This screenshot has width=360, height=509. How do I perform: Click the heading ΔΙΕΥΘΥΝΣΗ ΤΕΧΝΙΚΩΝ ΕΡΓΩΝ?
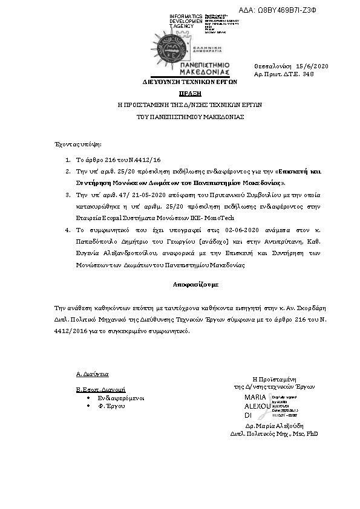pos(189,80)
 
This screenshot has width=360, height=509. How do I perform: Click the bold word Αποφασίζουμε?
pos(189,284)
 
